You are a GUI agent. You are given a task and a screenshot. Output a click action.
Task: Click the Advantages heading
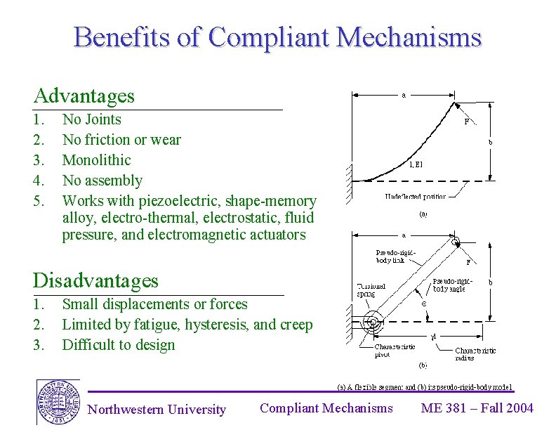[x=84, y=96]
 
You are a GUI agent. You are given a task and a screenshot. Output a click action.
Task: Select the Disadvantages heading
[x=95, y=281]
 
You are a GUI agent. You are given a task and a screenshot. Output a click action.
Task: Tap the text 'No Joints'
[x=91, y=119]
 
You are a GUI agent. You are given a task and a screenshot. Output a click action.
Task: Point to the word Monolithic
[x=96, y=160]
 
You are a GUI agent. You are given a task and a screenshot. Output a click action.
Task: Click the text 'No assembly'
[x=102, y=181]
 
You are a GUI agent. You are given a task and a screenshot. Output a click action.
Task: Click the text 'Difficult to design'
[x=118, y=345]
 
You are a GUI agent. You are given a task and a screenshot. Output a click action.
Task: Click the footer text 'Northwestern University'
[x=157, y=410]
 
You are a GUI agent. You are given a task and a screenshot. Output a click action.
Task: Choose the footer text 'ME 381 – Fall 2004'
[x=477, y=408]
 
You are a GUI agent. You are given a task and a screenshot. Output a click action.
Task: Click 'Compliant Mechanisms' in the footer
[x=326, y=408]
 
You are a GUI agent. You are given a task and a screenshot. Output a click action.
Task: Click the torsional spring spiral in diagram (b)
[x=373, y=323]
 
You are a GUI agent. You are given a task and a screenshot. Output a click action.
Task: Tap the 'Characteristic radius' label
[x=475, y=353]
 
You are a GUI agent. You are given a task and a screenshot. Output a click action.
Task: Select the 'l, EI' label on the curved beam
[x=416, y=166]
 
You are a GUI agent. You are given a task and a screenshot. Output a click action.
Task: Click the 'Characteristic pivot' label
[x=394, y=351]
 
